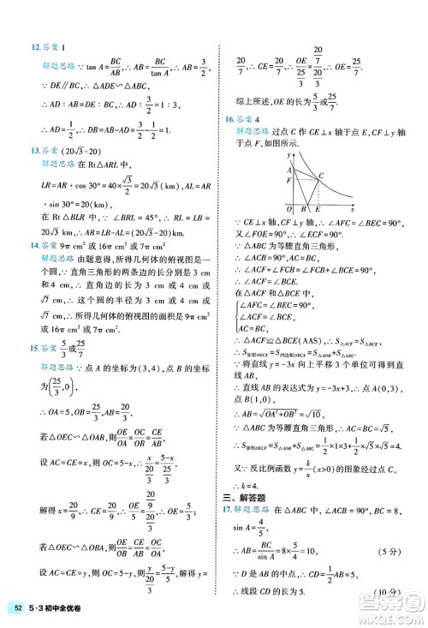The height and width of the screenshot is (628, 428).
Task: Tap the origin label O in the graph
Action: coord(289,208)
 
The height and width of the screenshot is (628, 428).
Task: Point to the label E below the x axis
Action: coord(318,209)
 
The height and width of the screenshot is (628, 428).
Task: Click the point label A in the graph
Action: coord(288,170)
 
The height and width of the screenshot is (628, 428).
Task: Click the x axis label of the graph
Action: coord(354,208)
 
